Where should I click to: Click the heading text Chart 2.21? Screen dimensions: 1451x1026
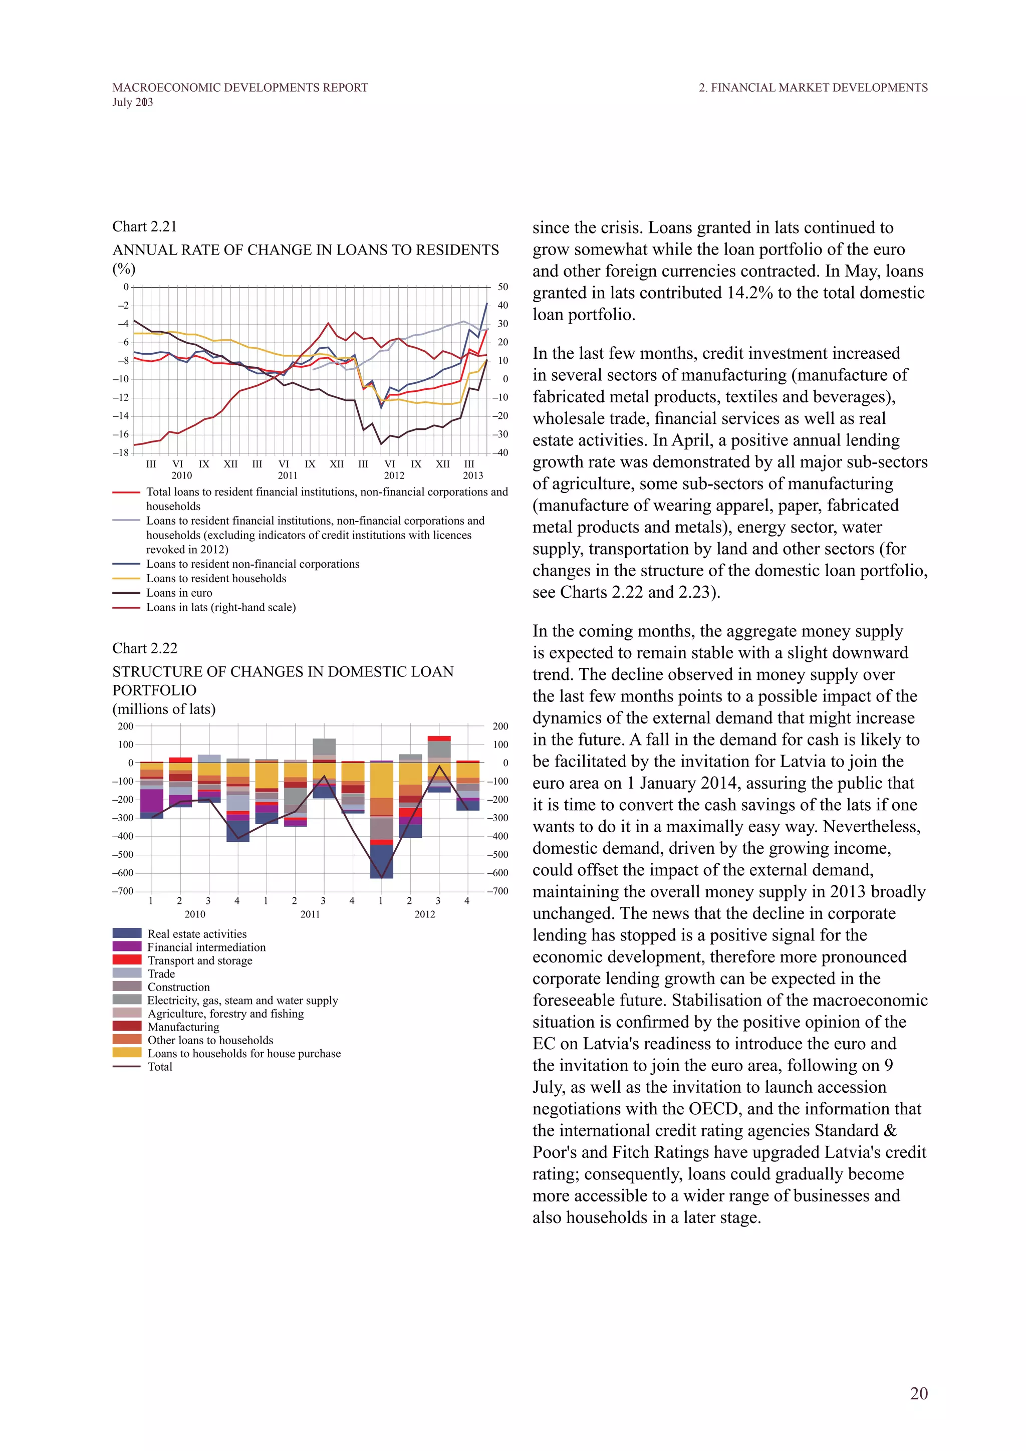click(x=145, y=226)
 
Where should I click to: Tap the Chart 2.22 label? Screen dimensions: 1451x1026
click(x=145, y=648)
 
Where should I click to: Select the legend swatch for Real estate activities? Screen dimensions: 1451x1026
click(x=126, y=933)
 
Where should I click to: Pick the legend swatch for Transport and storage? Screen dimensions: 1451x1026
click(x=126, y=960)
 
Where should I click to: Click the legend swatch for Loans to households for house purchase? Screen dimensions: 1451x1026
click(x=126, y=1053)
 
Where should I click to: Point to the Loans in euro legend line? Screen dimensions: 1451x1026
click(x=126, y=593)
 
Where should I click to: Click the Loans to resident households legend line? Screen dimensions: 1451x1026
click(x=126, y=578)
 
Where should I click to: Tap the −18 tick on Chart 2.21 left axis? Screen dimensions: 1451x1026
click(x=121, y=452)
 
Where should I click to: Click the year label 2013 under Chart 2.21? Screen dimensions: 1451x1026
click(x=472, y=475)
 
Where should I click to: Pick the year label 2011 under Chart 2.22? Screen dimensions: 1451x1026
click(x=310, y=914)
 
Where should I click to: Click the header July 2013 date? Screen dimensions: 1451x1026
click(x=133, y=102)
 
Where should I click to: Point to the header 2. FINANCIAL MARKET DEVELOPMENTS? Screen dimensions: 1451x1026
click(x=813, y=88)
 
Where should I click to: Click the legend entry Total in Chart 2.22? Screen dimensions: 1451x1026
click(x=160, y=1067)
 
